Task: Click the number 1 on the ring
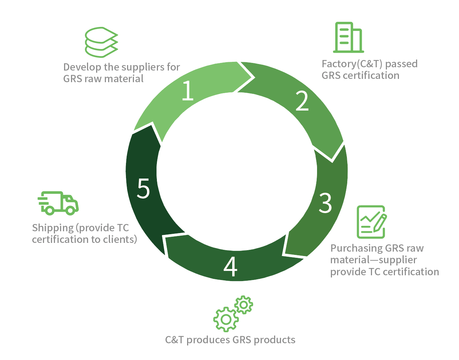pyautogui.click(x=187, y=91)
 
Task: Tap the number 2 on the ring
pyautogui.click(x=302, y=101)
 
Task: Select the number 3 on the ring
pyautogui.click(x=325, y=203)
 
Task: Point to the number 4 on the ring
pyautogui.click(x=230, y=267)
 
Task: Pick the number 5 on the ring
pyautogui.click(x=143, y=188)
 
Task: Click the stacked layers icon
pyautogui.click(x=101, y=42)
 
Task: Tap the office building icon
pyautogui.click(x=348, y=37)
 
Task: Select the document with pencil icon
pyautogui.click(x=371, y=222)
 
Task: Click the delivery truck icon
pyautogui.click(x=58, y=203)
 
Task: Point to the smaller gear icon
pyautogui.click(x=244, y=305)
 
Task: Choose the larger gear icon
pyautogui.click(x=226, y=319)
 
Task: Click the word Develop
pyautogui.click(x=81, y=67)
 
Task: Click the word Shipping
pyautogui.click(x=53, y=228)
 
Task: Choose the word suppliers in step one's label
pyautogui.click(x=144, y=67)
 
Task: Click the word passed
pyautogui.click(x=401, y=64)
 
